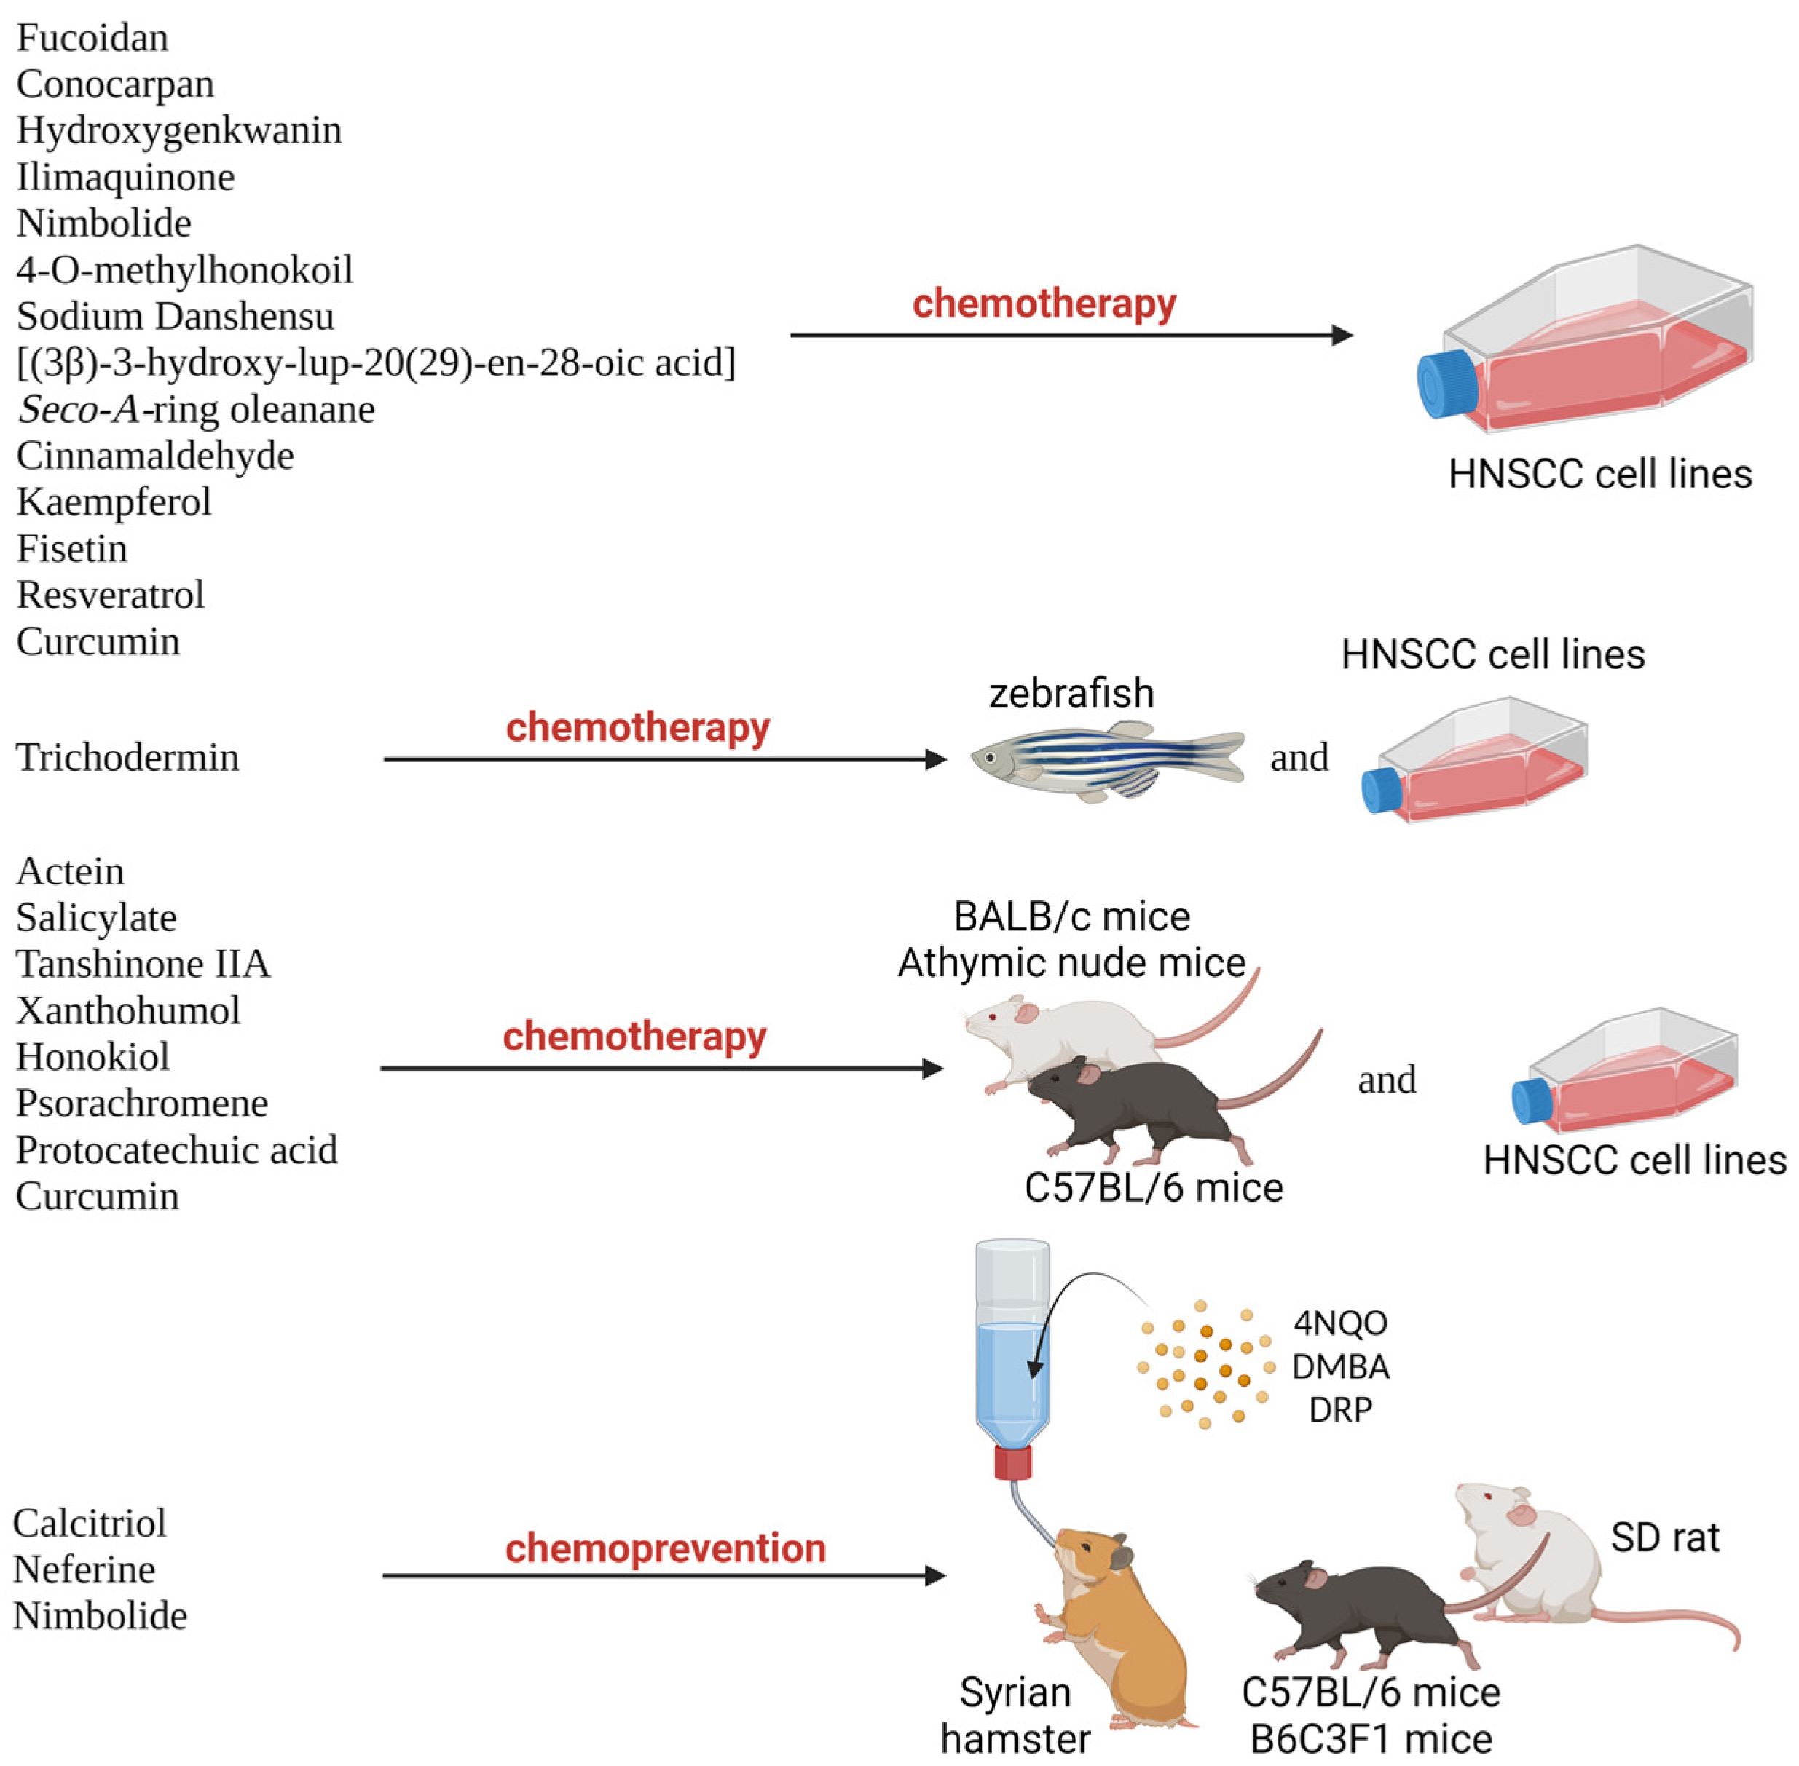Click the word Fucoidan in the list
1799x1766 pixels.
tap(92, 38)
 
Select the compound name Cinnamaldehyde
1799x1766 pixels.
tap(155, 456)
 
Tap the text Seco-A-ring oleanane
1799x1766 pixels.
tap(196, 409)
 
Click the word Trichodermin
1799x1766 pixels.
tap(127, 757)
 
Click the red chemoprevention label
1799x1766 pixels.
tap(665, 1548)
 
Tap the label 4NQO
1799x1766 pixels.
tap(1339, 1323)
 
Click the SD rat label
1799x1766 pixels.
tap(1664, 1538)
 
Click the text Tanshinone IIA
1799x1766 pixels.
tap(143, 964)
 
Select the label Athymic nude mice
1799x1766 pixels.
tap(1071, 963)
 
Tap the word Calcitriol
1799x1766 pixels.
tap(89, 1523)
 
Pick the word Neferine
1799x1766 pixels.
tap(84, 1569)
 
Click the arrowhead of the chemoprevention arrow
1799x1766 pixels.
tap(935, 1575)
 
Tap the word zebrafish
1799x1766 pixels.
tap(1071, 694)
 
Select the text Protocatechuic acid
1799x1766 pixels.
tap(176, 1150)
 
